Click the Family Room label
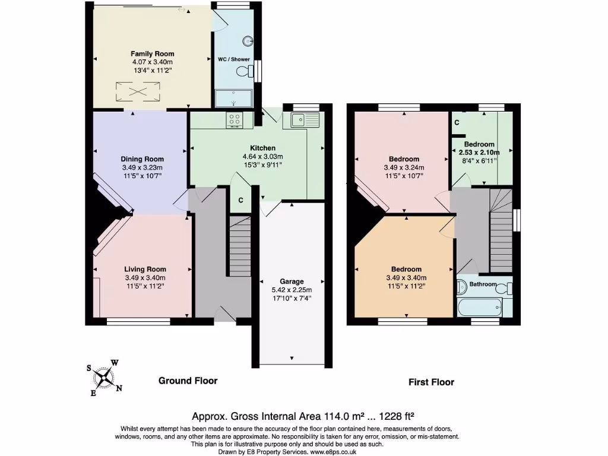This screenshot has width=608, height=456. coord(152,53)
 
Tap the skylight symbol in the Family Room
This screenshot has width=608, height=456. coord(138,91)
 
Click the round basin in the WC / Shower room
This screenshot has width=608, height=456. coord(248,42)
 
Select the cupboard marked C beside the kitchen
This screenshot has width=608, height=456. coord(240,201)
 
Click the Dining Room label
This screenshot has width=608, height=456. coord(142,159)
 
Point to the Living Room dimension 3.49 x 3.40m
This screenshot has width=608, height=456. coord(145,278)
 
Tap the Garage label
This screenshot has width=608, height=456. coord(292,281)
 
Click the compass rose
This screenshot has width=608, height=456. coord(104,377)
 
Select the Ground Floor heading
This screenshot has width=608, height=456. coord(188,381)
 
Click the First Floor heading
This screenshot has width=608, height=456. coord(431,382)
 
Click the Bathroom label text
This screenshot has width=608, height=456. coord(482,284)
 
